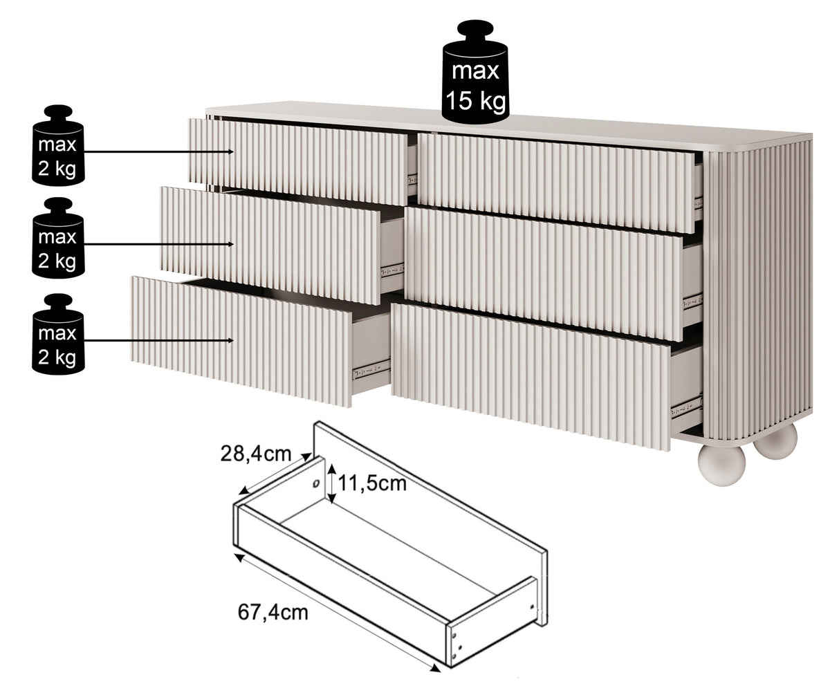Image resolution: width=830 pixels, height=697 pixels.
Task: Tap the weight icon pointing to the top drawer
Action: (x=58, y=145)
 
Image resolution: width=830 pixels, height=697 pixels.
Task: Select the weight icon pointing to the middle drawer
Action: (x=58, y=238)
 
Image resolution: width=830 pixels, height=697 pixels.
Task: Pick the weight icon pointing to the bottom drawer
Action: (x=58, y=334)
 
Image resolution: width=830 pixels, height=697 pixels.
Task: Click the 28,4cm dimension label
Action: (x=256, y=454)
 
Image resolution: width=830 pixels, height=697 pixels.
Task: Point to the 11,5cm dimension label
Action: (x=372, y=483)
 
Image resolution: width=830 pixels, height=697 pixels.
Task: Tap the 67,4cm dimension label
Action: (x=273, y=612)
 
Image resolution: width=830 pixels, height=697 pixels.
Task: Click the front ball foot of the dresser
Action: (x=721, y=465)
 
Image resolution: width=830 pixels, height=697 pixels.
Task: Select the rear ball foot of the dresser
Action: (x=776, y=441)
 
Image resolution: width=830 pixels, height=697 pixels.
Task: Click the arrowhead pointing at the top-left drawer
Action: (x=230, y=152)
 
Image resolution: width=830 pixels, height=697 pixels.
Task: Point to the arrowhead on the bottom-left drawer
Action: (x=230, y=341)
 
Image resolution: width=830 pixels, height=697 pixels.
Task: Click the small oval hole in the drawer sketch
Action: (x=316, y=483)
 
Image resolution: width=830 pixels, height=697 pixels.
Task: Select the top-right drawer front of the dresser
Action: (x=557, y=183)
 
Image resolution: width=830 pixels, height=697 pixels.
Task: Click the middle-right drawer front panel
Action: (x=544, y=275)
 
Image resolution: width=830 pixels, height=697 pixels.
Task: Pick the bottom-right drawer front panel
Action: (x=531, y=377)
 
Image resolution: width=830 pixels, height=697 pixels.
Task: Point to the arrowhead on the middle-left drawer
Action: (x=230, y=244)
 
